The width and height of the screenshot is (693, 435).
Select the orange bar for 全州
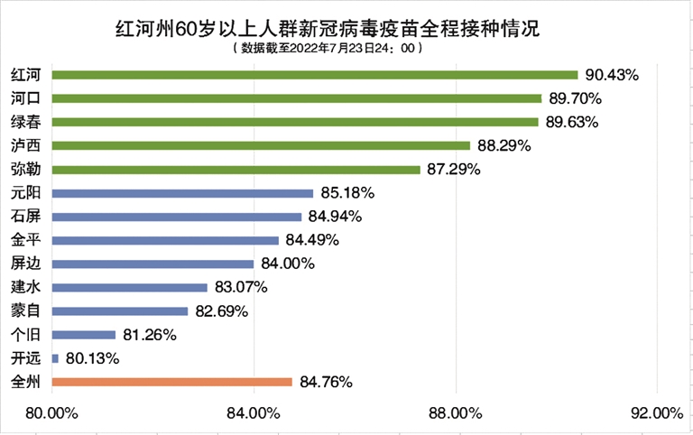pos(172,382)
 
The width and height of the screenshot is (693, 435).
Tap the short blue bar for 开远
pos(56,358)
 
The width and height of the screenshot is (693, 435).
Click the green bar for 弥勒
pos(236,170)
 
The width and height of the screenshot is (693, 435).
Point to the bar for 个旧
pos(84,335)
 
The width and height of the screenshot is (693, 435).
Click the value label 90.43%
pos(612,75)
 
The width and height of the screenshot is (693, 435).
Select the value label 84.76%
pos(326,382)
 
